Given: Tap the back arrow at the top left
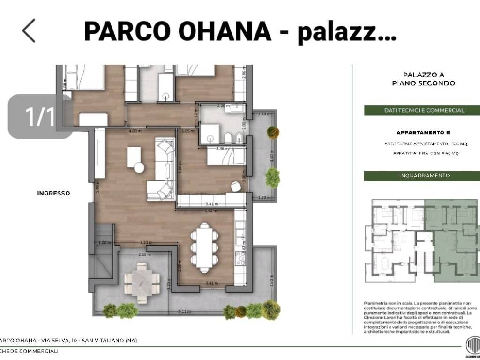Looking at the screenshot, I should (29, 31).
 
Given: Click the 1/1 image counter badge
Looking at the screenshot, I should (41, 116).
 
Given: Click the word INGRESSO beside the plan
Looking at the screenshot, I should (54, 193).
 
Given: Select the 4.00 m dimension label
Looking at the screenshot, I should (135, 131).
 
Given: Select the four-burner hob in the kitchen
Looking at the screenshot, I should (240, 258).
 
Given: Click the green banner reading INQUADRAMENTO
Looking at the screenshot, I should (424, 176).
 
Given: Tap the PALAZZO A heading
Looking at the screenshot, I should (423, 75).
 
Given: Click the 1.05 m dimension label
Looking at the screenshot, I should (187, 131).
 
